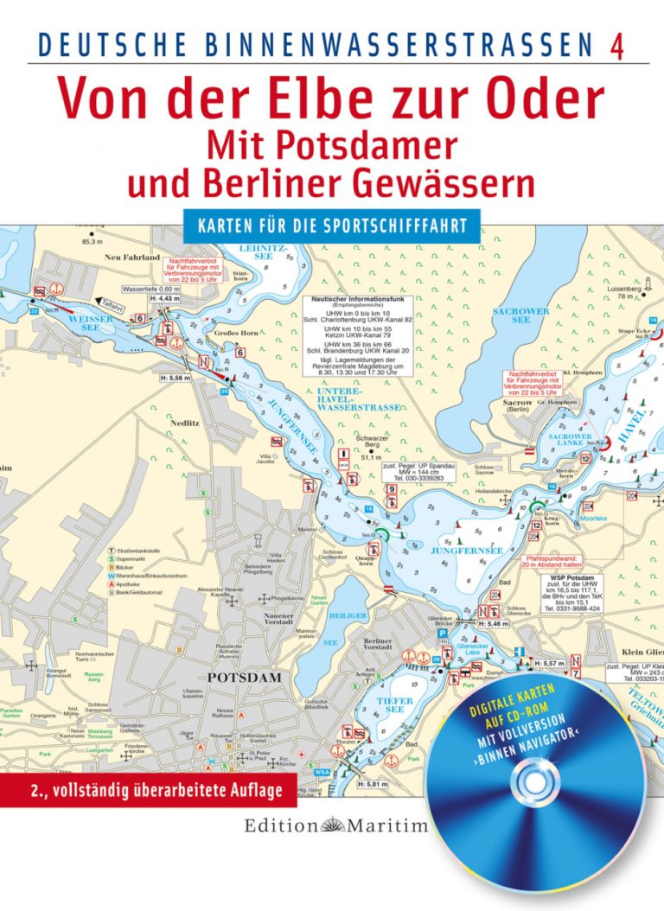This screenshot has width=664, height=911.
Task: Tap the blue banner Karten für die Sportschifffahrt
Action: pos(331,225)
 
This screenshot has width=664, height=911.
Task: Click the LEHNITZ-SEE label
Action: pos(258,252)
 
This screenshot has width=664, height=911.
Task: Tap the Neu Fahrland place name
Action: pos(132,258)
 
